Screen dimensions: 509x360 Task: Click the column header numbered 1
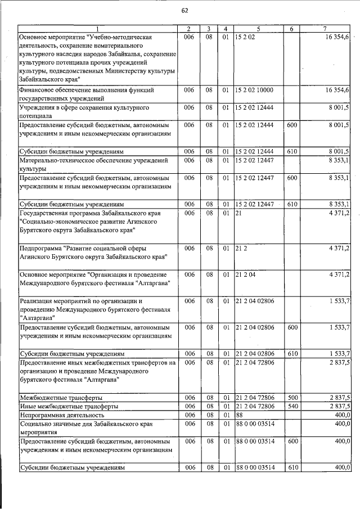pos(97,29)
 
